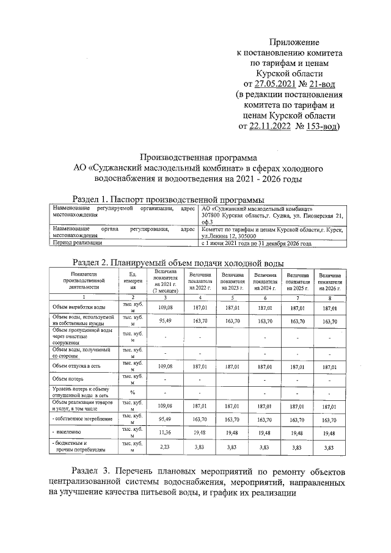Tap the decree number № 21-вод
coord(320,84)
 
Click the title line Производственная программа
coord(195,157)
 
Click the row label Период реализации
coord(78,243)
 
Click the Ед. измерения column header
coord(133,282)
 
